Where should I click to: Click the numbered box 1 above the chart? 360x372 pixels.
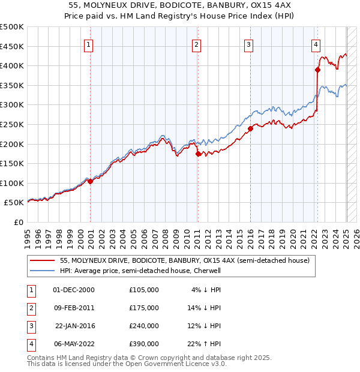pos(89,44)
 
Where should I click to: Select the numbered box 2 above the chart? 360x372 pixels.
pos(196,44)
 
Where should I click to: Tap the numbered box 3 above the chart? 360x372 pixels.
pos(248,44)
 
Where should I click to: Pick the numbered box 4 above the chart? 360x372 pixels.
pos(316,44)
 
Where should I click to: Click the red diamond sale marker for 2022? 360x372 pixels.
pos(317,70)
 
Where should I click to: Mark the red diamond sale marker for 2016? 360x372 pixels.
pos(251,128)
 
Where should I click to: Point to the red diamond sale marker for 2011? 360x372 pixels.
pos(198,154)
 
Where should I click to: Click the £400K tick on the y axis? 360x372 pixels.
pos(12,65)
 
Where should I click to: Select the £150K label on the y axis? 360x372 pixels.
pos(12,163)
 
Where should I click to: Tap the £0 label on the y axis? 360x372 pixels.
pos(18,222)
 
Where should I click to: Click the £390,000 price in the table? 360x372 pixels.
pos(144,344)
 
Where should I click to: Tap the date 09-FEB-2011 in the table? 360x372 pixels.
pos(74,308)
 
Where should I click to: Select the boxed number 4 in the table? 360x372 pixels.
pos(30,344)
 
